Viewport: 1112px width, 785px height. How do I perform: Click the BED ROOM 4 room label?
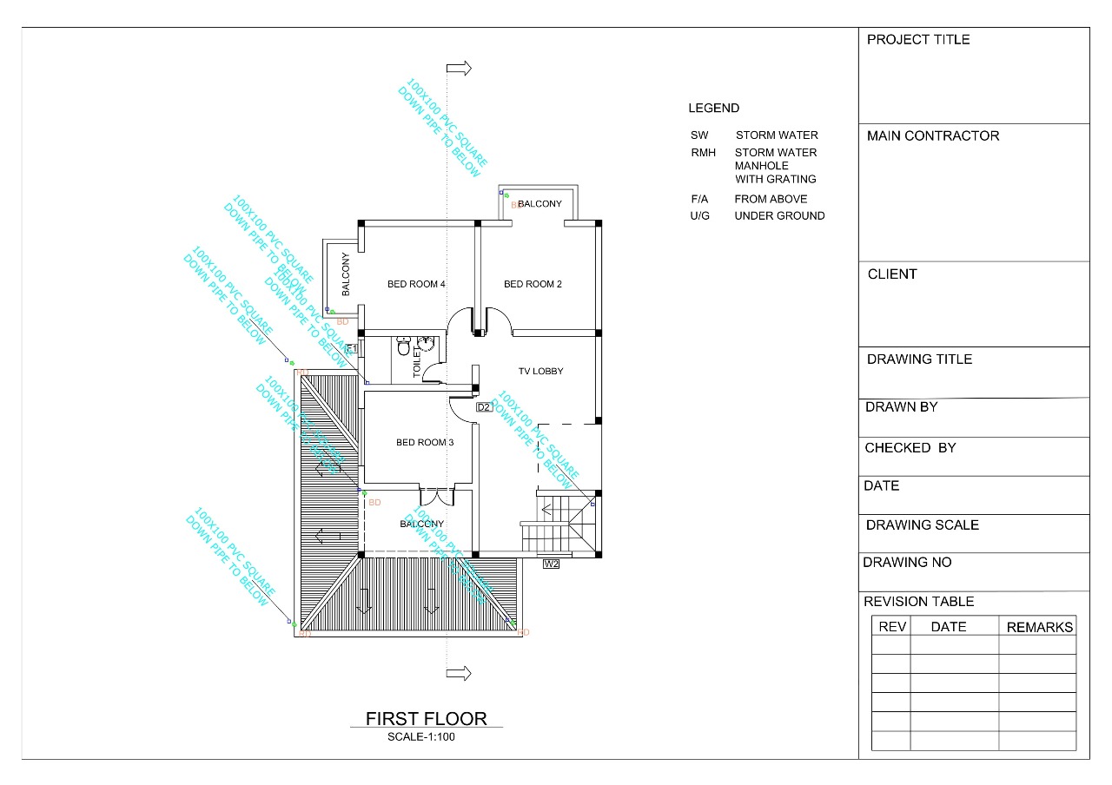[416, 284]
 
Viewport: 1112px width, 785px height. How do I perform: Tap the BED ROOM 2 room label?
[533, 284]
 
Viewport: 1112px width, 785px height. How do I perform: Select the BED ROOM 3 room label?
[425, 443]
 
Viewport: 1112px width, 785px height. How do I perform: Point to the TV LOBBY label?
[539, 372]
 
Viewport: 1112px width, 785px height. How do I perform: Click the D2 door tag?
[484, 407]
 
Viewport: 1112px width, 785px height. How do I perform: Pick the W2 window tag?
[551, 564]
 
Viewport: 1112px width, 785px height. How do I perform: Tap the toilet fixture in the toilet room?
[403, 347]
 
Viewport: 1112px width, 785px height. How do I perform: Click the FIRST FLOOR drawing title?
[426, 718]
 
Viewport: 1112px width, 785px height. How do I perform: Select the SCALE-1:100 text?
[421, 737]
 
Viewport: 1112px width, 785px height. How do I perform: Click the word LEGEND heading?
[713, 109]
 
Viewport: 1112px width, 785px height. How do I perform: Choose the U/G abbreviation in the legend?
[700, 216]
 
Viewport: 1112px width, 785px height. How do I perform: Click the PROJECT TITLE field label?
[918, 40]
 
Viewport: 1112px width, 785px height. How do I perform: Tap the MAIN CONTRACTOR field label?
[933, 135]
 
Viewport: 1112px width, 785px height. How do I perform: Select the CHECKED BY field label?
[910, 448]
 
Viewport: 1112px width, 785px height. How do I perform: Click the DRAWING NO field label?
[907, 562]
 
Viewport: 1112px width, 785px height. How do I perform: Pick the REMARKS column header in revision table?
[1039, 627]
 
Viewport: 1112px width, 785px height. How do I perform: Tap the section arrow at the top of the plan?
[460, 68]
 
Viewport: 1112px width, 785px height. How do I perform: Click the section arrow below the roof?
[460, 673]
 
